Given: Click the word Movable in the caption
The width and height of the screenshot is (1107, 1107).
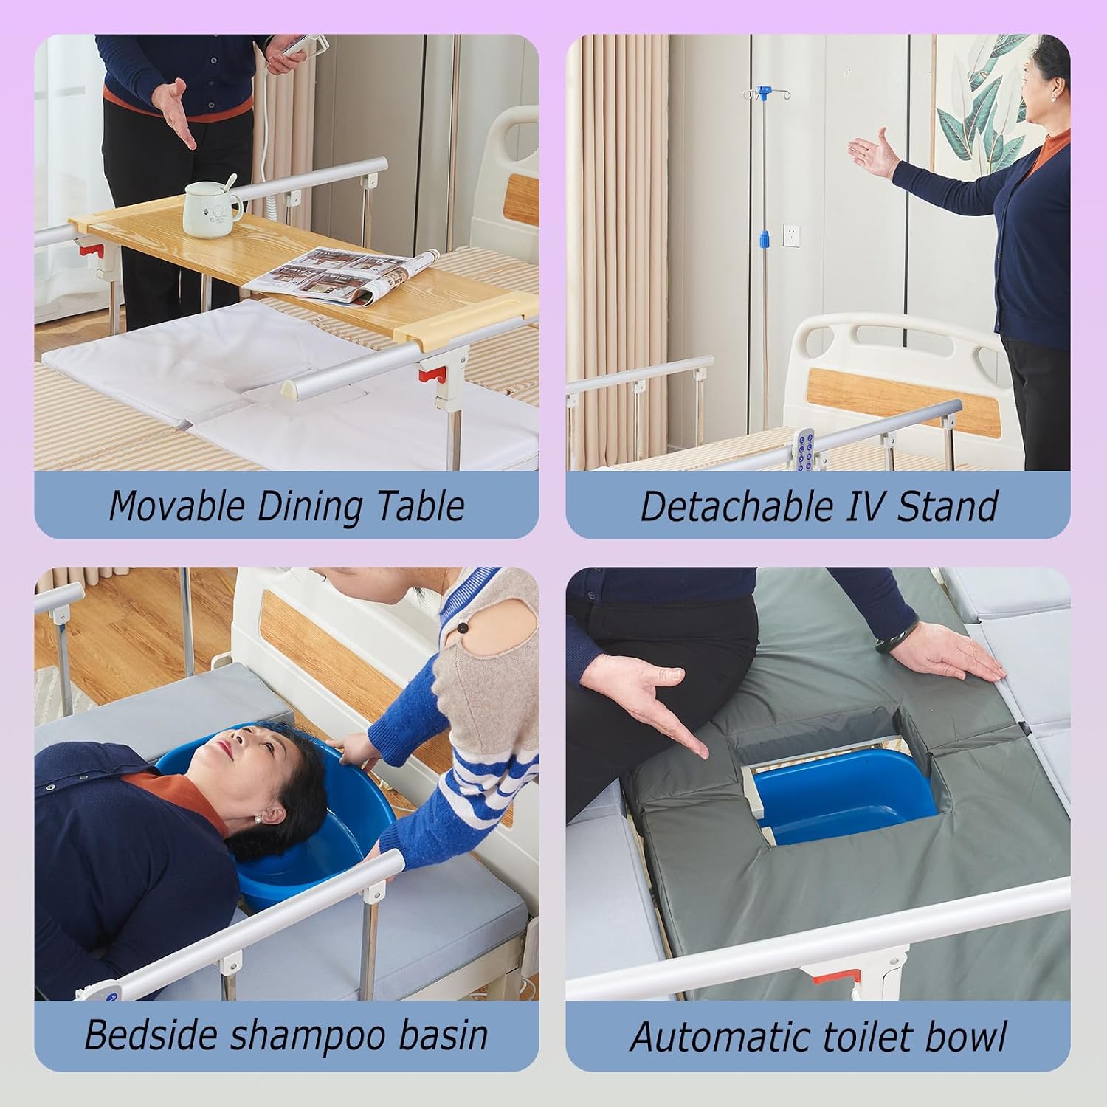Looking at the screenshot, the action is (176, 506).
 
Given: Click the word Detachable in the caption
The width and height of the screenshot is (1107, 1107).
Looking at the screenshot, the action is (734, 506).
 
